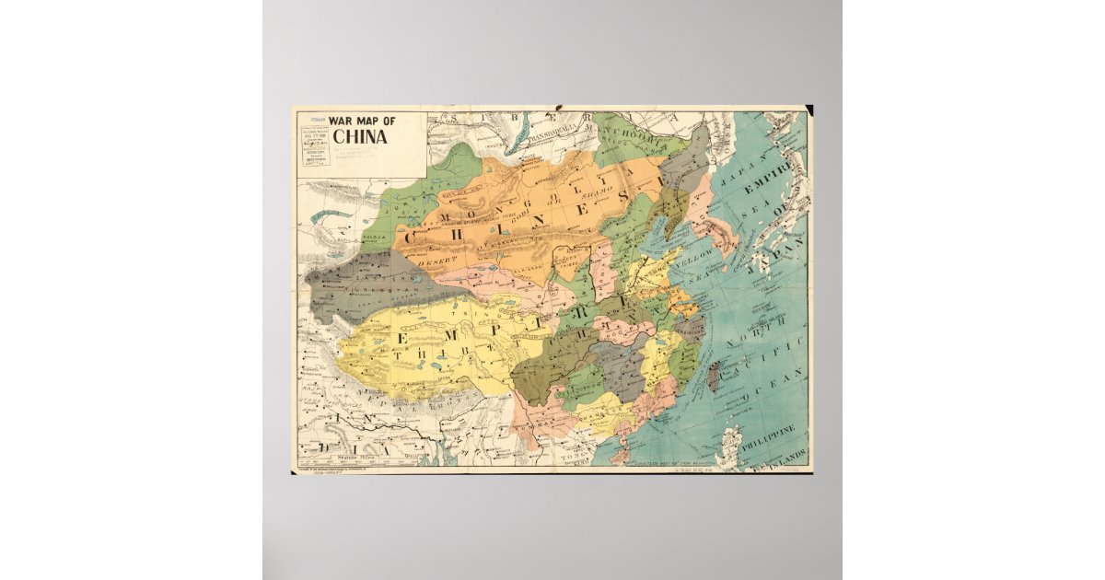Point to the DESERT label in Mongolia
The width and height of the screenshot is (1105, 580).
coord(436,261)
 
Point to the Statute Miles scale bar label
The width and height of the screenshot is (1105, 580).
coord(354,455)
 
